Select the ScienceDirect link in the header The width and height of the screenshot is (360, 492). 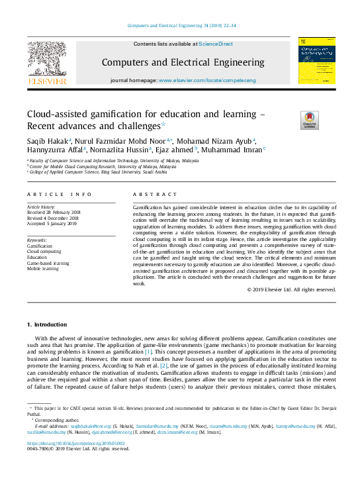tap(216, 44)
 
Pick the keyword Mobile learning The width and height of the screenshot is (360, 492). tap(42, 270)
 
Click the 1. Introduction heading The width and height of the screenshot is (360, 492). tap(46, 325)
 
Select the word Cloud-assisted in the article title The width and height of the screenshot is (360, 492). tap(60, 114)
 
